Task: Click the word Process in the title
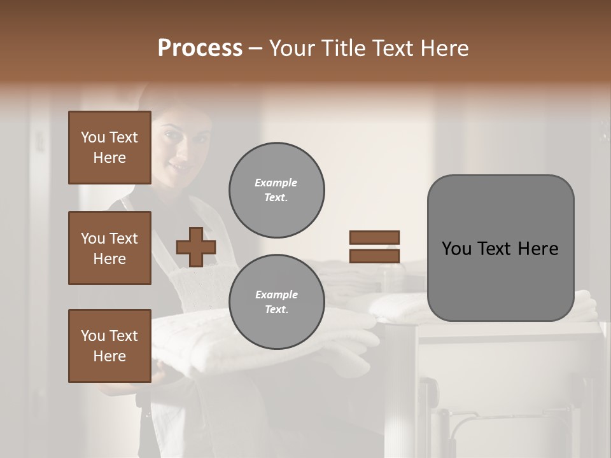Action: click(x=200, y=48)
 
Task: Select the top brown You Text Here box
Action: click(x=109, y=148)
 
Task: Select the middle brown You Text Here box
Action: click(x=109, y=248)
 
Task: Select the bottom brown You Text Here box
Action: click(x=109, y=345)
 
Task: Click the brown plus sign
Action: click(x=196, y=247)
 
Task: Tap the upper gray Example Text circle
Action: click(x=277, y=190)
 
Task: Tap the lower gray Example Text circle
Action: click(x=277, y=302)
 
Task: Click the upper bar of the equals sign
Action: click(x=374, y=238)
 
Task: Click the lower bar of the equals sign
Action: click(x=374, y=256)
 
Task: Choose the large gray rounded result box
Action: click(x=500, y=248)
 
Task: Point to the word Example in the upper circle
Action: click(x=276, y=183)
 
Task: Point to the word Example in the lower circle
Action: click(x=276, y=295)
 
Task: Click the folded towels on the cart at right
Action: click(x=395, y=305)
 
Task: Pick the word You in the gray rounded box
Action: click(x=457, y=249)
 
